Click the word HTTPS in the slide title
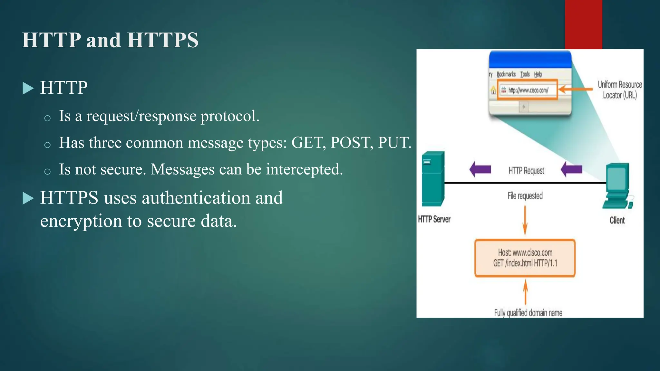163,40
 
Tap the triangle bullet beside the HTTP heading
28,88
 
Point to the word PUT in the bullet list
394,143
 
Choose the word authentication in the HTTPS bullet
196,198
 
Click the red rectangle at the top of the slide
583,24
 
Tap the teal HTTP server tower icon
433,179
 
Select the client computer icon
617,186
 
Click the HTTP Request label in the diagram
526,171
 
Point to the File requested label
525,196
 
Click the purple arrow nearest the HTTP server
480,169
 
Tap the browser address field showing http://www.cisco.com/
528,90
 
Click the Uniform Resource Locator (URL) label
620,90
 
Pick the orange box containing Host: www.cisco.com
525,258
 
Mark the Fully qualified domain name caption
528,313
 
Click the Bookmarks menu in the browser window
506,74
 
